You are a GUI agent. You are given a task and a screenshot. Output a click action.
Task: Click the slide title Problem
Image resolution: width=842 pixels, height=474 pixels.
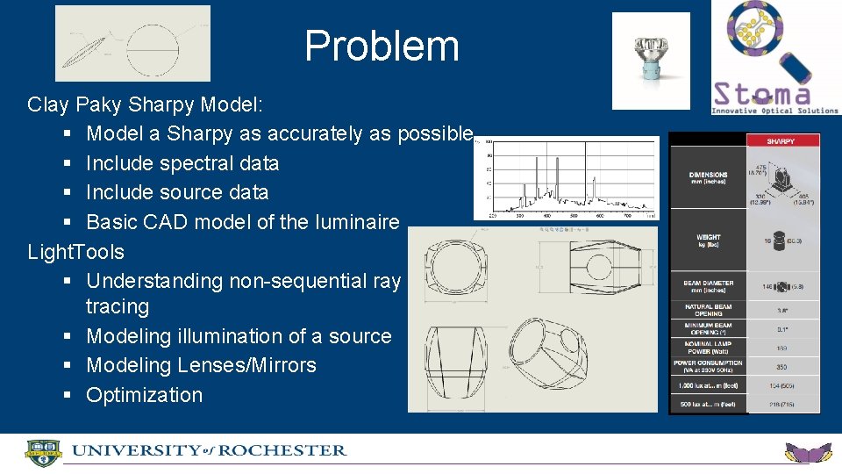pyautogui.click(x=382, y=46)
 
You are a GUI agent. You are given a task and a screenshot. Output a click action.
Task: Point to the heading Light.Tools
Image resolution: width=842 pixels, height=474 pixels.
pyautogui.click(x=76, y=252)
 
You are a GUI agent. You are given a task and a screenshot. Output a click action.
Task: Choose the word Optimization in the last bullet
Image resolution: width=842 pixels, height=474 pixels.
pyautogui.click(x=144, y=395)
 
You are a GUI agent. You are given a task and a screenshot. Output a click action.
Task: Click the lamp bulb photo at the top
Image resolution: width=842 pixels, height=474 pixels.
pyautogui.click(x=651, y=60)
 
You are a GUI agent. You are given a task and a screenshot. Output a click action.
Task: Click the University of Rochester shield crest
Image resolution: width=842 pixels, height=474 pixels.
pyautogui.click(x=43, y=452)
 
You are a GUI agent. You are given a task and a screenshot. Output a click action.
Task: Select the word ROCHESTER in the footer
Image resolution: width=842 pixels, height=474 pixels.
pyautogui.click(x=282, y=450)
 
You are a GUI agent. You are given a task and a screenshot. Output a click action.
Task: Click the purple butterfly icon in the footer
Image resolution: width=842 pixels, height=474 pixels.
pyautogui.click(x=808, y=454)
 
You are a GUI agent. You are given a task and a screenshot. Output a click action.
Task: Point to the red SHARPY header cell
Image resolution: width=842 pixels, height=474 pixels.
pyautogui.click(x=781, y=140)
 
